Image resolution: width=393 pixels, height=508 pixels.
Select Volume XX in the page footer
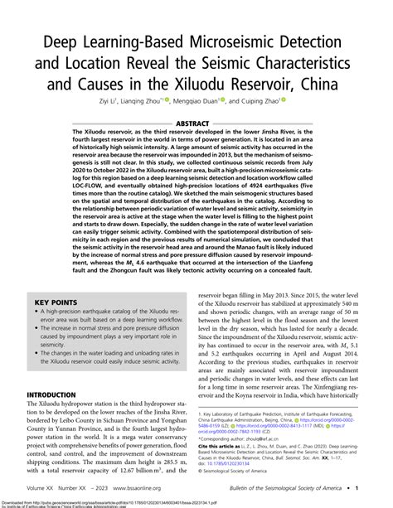pyautogui.click(x=42, y=491)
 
